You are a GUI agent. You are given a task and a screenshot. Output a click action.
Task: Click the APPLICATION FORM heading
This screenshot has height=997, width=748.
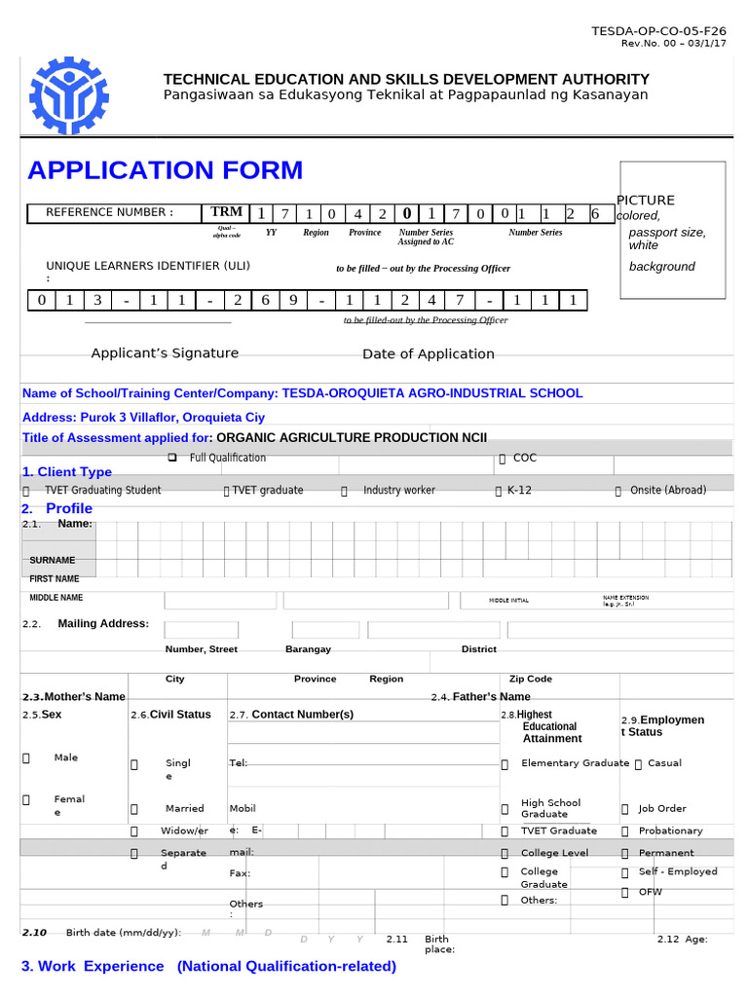[x=166, y=170]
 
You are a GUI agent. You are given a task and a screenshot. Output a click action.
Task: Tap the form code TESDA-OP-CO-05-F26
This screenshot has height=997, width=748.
[x=659, y=32]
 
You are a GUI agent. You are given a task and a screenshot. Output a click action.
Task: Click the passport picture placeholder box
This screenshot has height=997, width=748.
[x=671, y=230]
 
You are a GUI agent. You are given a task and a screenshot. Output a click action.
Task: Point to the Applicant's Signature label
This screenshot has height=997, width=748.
[x=165, y=353]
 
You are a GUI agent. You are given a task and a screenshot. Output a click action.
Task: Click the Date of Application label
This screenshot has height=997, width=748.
[x=429, y=354]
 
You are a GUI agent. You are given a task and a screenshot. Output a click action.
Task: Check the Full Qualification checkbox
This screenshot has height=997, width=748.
[x=171, y=458]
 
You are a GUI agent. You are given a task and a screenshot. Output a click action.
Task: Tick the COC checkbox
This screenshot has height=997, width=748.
[x=502, y=458]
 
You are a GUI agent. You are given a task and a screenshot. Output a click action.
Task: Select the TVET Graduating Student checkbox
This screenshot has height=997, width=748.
[x=26, y=491]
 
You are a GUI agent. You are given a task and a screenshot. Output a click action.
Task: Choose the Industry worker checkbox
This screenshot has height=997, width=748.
[x=344, y=491]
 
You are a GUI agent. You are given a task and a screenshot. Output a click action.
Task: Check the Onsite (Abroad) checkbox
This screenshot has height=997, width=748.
[x=617, y=491]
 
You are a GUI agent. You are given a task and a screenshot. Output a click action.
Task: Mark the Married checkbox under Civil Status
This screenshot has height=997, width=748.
[x=134, y=809]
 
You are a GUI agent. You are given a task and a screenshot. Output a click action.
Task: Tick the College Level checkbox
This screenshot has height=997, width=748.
[x=505, y=853]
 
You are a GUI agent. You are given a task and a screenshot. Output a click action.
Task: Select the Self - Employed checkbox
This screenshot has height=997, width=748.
[x=624, y=872]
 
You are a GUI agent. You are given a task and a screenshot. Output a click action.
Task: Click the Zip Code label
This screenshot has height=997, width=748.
[x=531, y=679]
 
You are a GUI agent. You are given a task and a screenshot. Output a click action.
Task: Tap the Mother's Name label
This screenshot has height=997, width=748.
[x=74, y=697]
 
